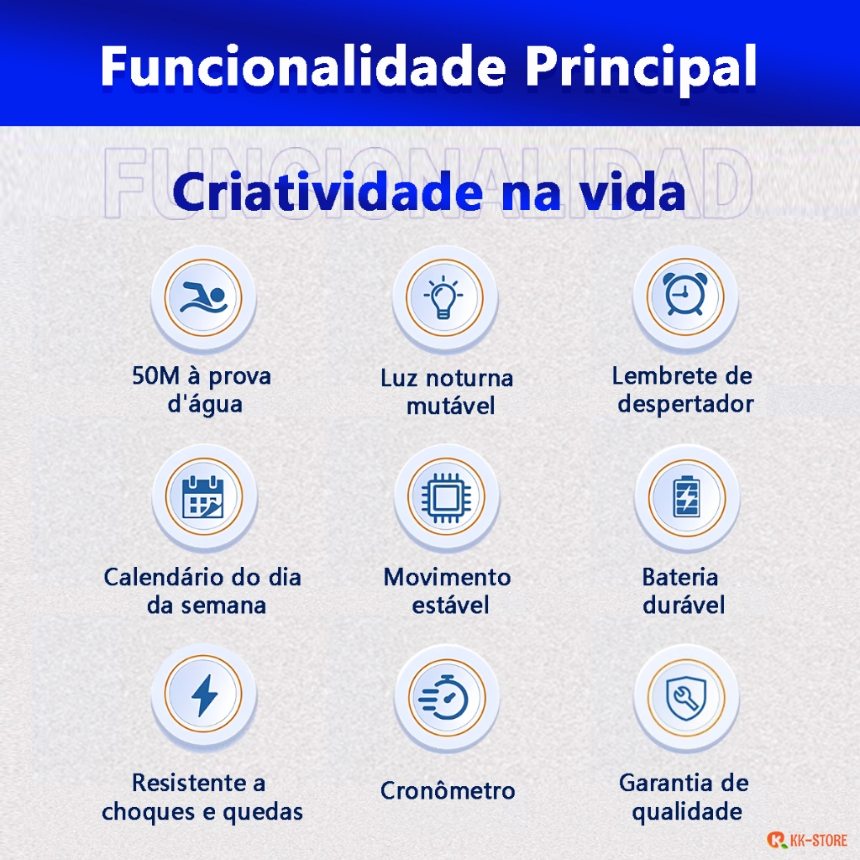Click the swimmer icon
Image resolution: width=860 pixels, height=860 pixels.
[203, 298]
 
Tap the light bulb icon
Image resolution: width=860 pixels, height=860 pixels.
[443, 297]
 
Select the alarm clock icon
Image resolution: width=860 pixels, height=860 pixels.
[684, 294]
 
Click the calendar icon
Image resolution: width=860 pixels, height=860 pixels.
[203, 497]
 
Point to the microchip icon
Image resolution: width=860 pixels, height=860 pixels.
[445, 497]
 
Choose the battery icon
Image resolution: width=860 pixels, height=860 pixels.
[687, 497]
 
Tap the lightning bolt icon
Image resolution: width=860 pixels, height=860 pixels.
[204, 695]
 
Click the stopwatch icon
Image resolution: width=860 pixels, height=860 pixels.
[443, 697]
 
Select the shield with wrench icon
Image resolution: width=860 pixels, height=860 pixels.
[685, 698]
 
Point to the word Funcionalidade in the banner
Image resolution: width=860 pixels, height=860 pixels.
[303, 66]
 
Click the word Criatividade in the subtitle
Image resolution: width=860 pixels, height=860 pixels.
[328, 192]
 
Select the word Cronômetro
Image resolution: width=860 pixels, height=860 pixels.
[448, 790]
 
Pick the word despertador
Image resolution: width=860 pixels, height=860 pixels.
[685, 405]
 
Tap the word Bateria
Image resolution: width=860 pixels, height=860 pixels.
[680, 577]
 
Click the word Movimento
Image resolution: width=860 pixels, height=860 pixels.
[447, 577]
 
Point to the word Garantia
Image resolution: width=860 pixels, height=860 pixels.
[661, 783]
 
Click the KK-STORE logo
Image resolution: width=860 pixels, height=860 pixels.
[807, 840]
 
